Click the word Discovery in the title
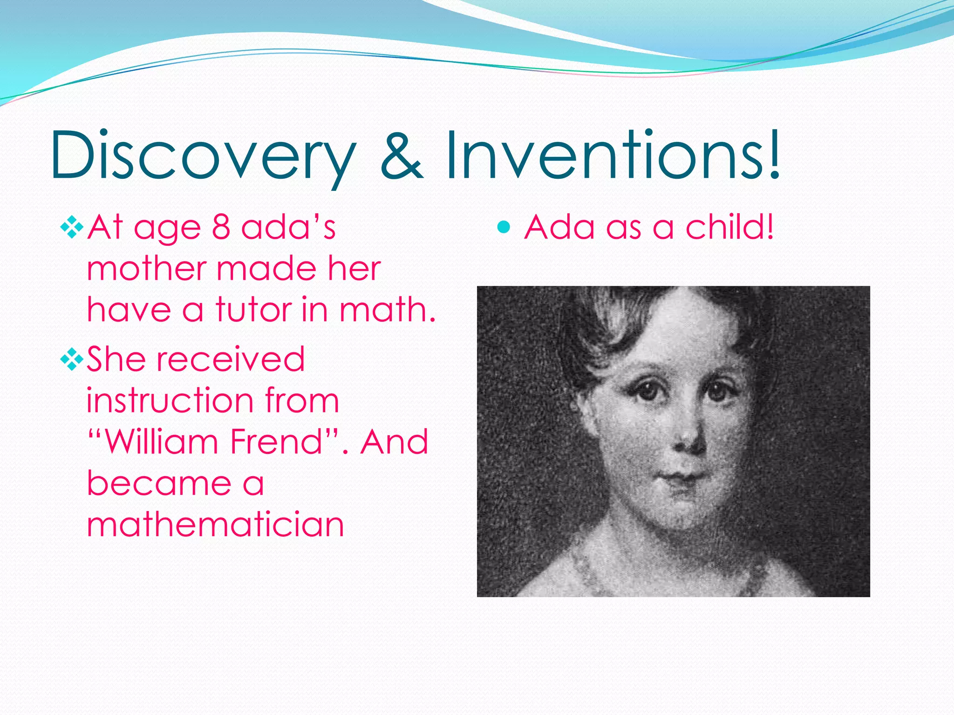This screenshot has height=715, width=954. click(203, 156)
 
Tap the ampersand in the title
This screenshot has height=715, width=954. click(402, 156)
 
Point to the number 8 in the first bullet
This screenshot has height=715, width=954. click(221, 228)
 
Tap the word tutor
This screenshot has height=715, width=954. click(253, 310)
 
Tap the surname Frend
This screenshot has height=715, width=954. click(277, 442)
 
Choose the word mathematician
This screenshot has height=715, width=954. click(215, 525)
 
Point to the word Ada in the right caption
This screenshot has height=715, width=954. click(559, 228)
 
